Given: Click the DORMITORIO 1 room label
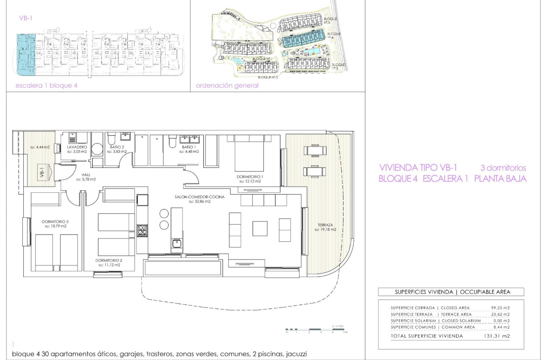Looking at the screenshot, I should click(250, 176).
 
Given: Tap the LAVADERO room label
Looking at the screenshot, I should click(77, 147).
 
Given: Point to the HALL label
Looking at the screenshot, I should click(86, 174).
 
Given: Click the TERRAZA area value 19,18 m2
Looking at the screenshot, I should click(325, 230).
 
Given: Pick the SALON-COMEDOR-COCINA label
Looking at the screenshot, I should click(199, 197).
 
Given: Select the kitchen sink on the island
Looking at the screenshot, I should click(176, 244).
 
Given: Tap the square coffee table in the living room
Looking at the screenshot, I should click(260, 228).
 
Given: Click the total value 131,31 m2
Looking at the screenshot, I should click(500, 336).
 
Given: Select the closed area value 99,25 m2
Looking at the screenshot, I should click(501, 308).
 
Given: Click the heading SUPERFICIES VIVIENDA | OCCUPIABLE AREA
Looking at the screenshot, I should click(452, 292).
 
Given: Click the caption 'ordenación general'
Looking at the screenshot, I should click(227, 86).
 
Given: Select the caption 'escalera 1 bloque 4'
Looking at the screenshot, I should click(47, 86).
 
